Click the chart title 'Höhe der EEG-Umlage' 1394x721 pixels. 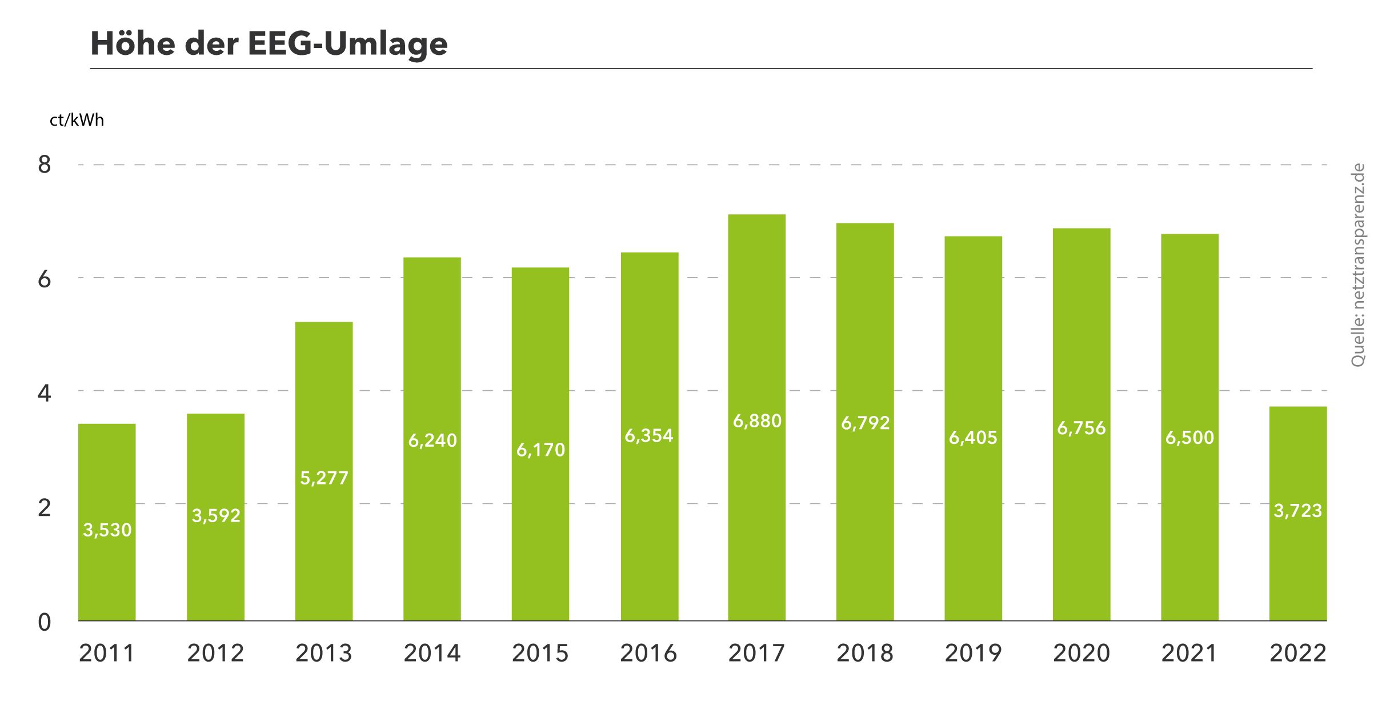point(269,43)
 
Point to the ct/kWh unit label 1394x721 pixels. point(77,120)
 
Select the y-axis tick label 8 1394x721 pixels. point(44,165)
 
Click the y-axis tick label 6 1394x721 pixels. point(44,279)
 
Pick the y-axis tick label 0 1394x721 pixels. point(44,622)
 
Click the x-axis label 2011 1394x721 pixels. point(107,654)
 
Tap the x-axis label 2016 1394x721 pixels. point(648,654)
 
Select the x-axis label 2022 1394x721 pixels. point(1298,654)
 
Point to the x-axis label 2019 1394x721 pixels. point(973,654)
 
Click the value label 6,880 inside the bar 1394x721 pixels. point(757,422)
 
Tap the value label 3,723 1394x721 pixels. point(1298,511)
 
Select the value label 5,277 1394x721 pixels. point(324,478)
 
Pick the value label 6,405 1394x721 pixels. point(973,438)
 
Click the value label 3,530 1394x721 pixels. point(107,530)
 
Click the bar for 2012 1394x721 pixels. point(215,571)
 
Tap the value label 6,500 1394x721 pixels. point(1189,438)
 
